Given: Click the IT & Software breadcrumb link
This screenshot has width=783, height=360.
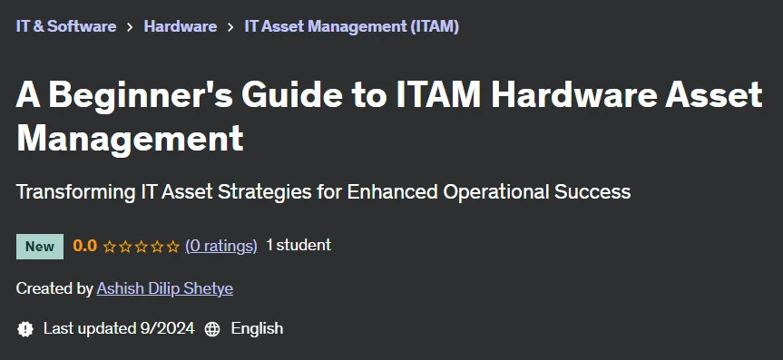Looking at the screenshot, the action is pos(66,26).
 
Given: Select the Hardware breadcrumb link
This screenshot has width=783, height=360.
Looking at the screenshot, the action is pos(181,26).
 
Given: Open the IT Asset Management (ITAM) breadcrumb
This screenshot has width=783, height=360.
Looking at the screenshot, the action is pos(351,26).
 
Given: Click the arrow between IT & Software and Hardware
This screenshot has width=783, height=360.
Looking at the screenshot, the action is pos(131,27).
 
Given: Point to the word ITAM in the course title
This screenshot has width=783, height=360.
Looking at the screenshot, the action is pos(438,95).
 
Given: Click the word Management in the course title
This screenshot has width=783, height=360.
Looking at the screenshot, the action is pos(130,140).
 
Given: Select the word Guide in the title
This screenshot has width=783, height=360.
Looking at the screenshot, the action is pos(291,95).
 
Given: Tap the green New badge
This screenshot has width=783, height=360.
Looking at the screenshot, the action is pos(40,247).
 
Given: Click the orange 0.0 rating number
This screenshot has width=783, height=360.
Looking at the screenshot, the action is pos(85,246).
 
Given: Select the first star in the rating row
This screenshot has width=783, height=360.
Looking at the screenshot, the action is pos(110,247).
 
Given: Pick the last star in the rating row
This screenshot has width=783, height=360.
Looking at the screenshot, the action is pos(172,247).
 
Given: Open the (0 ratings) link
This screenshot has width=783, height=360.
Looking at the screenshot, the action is pos(221,246).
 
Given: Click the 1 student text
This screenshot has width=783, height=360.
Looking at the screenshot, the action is pos(299,245).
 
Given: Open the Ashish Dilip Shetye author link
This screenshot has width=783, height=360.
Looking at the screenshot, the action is pos(165,288).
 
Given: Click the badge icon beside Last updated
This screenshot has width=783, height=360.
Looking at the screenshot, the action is pos(25,329).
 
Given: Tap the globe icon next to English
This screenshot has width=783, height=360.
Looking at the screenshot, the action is pos(212,329).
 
